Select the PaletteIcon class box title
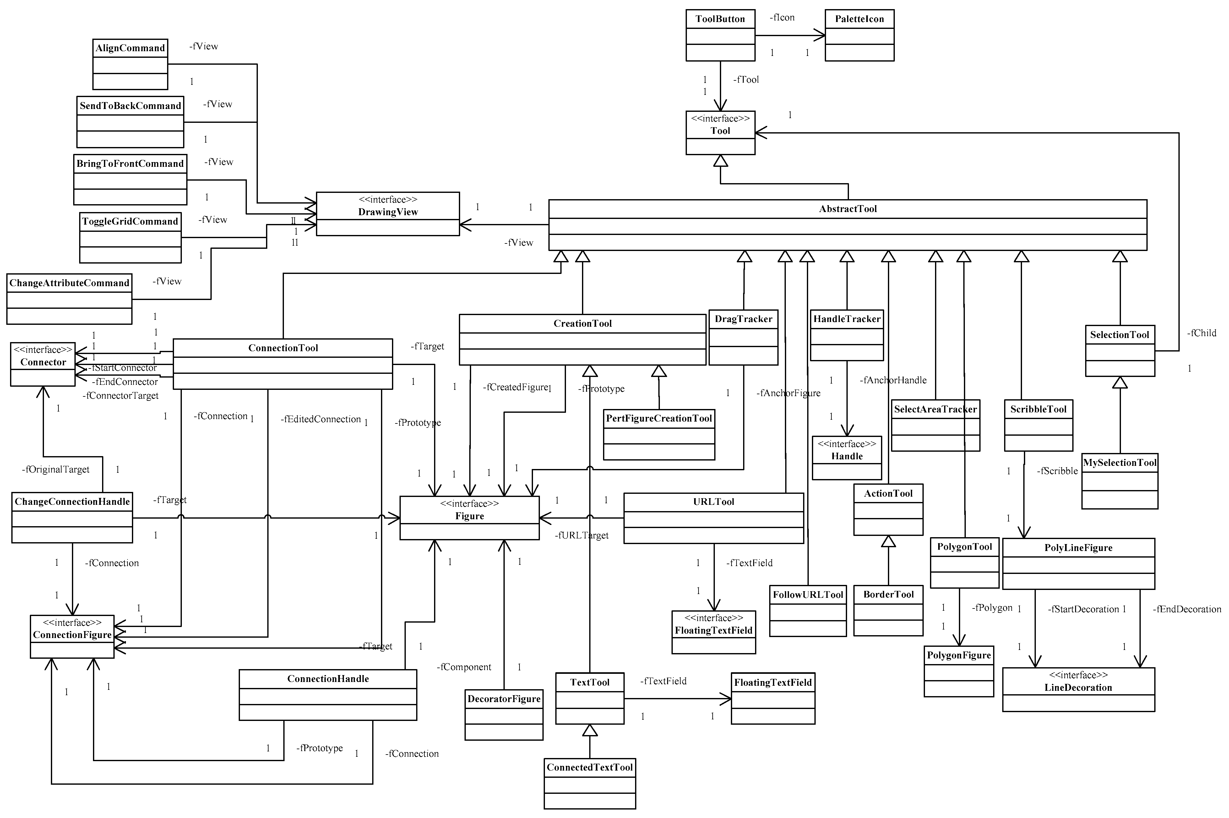[x=859, y=19]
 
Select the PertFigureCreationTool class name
[x=658, y=418]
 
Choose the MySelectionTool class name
[x=1119, y=463]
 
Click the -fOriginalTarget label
[x=56, y=470]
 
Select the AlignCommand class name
[x=130, y=48]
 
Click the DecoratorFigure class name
[x=503, y=699]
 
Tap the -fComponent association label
[x=464, y=667]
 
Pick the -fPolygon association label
[x=992, y=608]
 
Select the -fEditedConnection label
[x=320, y=419]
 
